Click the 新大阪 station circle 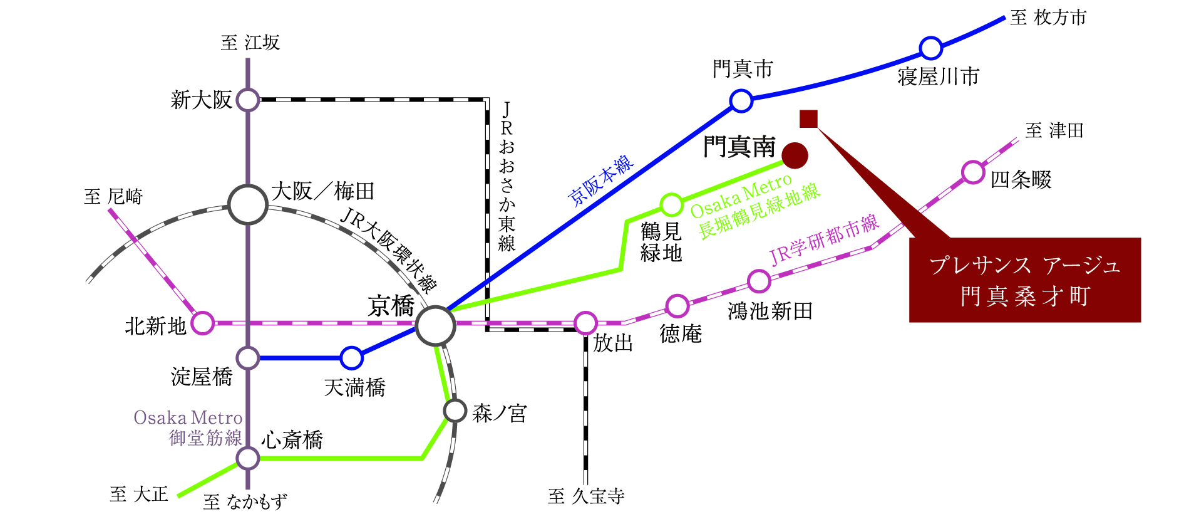pos(248,100)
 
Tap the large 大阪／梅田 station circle pos(248,204)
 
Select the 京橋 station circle pos(435,326)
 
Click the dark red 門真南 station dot pos(795,155)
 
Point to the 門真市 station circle pos(741,100)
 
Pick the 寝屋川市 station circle pos(931,48)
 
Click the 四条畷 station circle pos(973,172)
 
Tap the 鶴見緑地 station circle pos(671,204)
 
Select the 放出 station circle pos(585,323)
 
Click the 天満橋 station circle pos(351,358)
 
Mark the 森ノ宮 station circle pos(455,411)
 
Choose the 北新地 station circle pos(202,323)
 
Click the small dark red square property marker pos(808,118)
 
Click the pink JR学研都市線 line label pos(825,239)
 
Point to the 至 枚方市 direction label pos(1048,18)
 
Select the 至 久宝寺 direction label pos(586,496)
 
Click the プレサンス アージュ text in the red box pos(1024,265)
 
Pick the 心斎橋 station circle pos(248,458)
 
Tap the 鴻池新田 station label pos(770,311)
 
